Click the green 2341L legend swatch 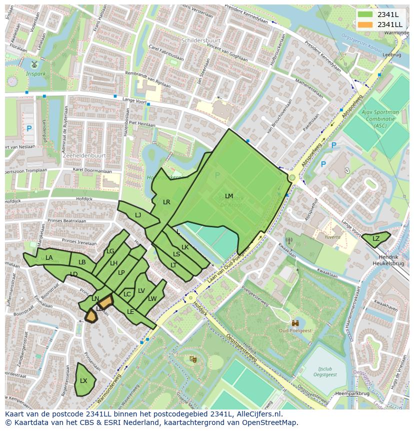pos(365,15)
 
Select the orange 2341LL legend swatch pos(365,25)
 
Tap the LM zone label pos(229,196)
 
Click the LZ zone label pos(376,239)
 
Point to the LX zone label pos(83,381)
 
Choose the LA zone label pos(49,258)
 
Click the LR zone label pos(166,202)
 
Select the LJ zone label pos(138,215)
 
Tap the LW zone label pos(152,299)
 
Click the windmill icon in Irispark pos(34,65)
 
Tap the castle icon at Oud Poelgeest pos(296,324)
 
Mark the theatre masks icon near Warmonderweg pos(192,359)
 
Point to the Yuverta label pos(332,237)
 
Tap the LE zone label pos(130,312)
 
